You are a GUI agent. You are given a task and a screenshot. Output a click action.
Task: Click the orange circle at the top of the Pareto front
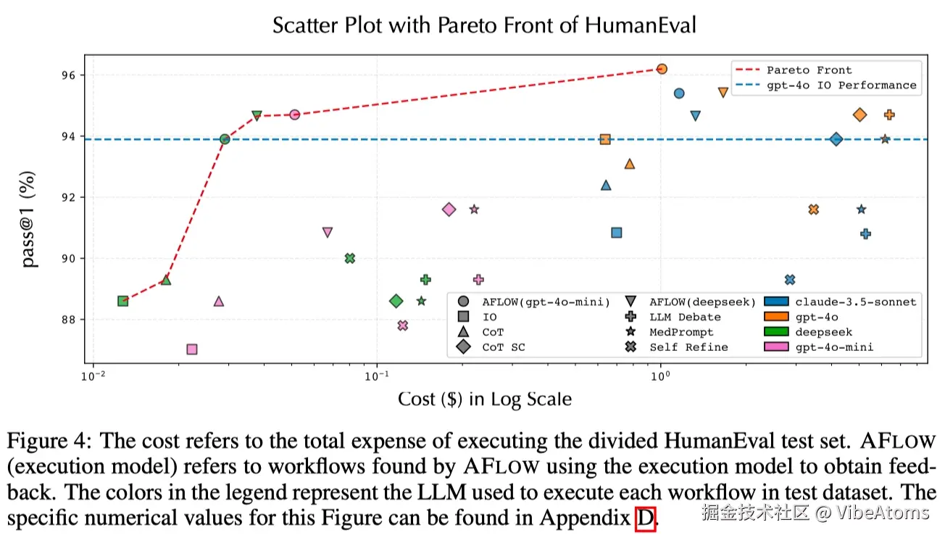click(x=661, y=69)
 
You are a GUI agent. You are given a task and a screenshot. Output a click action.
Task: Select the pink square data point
click(x=192, y=349)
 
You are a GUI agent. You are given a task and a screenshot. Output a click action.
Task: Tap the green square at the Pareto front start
click(x=123, y=301)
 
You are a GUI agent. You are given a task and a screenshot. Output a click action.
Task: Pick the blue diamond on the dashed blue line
click(x=836, y=139)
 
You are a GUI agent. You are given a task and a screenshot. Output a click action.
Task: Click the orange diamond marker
click(x=860, y=115)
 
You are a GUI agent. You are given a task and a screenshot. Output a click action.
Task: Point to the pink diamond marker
click(x=449, y=210)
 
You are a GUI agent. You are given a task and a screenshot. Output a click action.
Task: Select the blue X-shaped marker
click(x=790, y=280)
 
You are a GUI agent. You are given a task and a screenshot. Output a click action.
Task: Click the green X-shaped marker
click(x=350, y=258)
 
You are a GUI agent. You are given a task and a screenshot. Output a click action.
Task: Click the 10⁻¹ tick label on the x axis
click(x=376, y=376)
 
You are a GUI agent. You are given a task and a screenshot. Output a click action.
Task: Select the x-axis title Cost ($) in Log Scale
click(x=484, y=400)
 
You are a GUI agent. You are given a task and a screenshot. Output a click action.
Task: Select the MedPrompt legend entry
click(x=680, y=332)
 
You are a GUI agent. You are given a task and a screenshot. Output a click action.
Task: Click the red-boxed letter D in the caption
click(x=645, y=518)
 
